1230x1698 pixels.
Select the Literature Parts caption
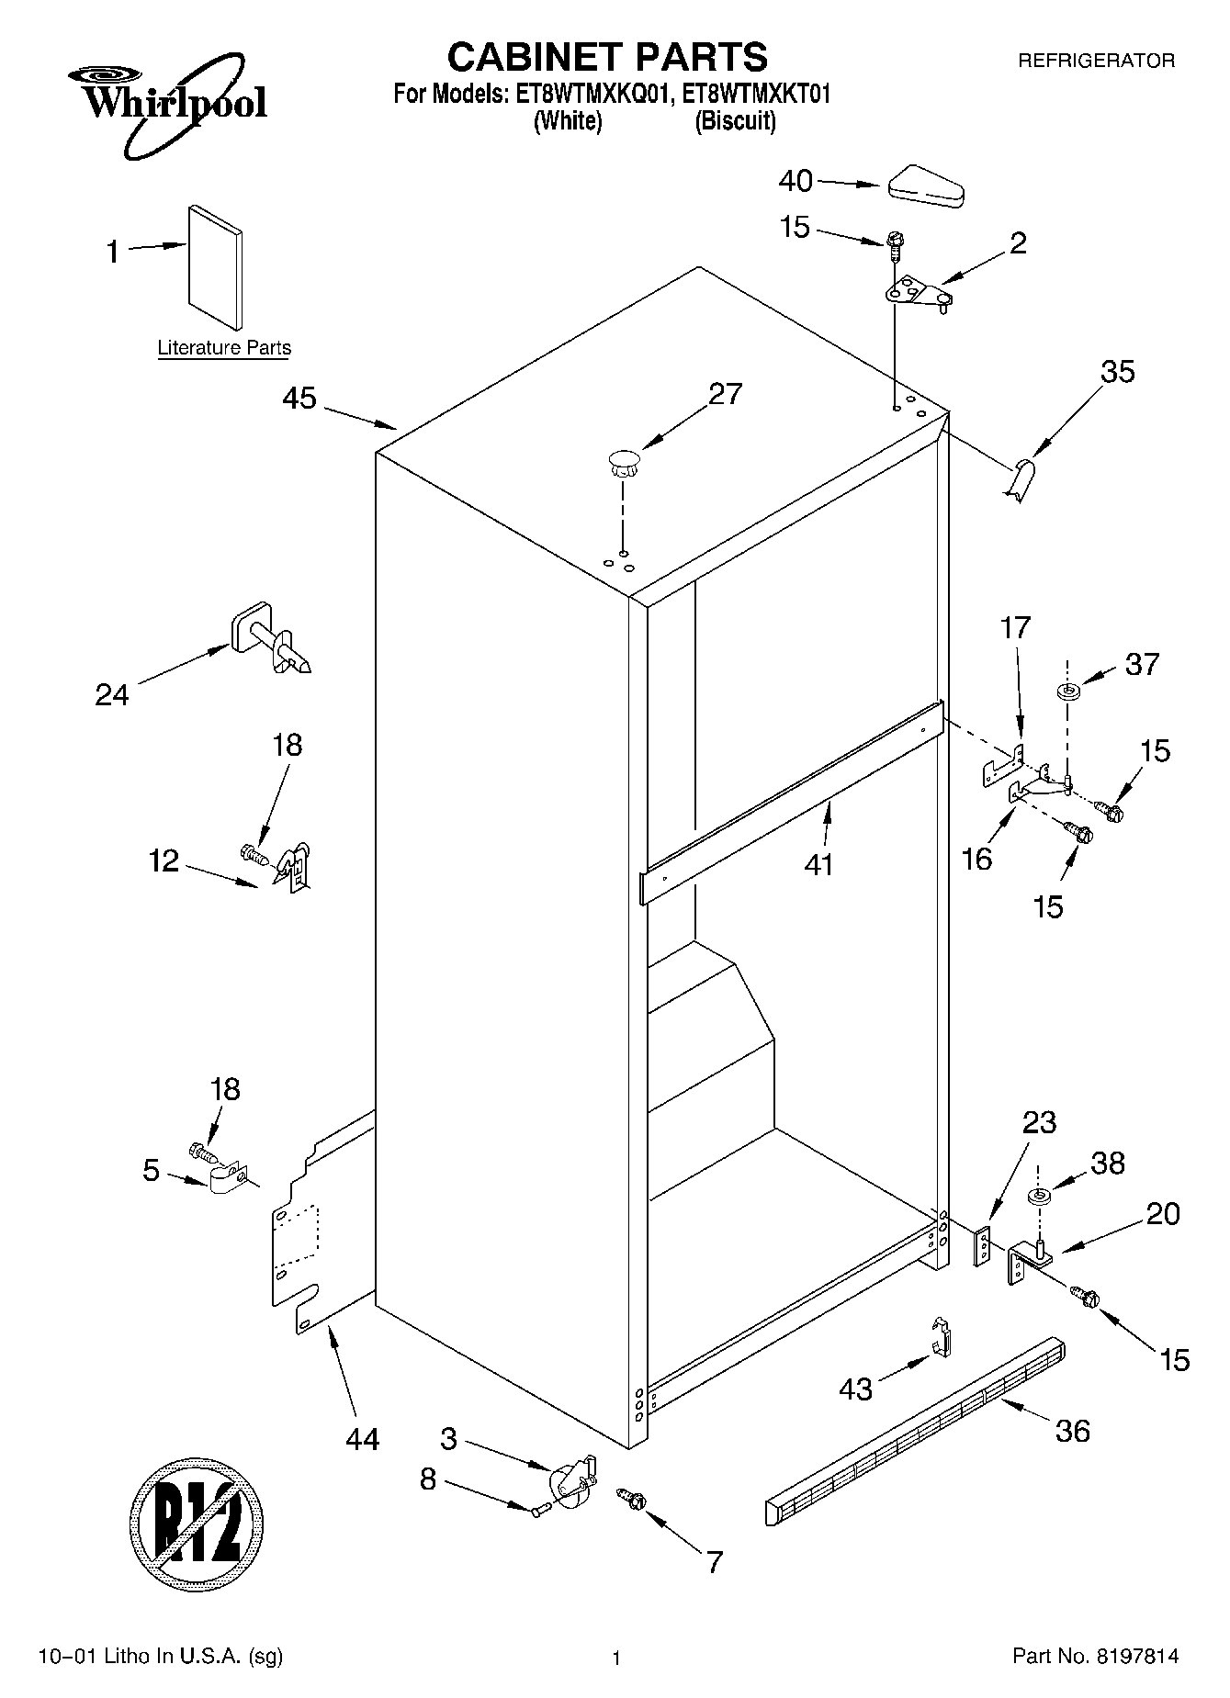[224, 348]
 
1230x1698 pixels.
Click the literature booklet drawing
[216, 266]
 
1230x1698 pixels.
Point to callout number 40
[796, 181]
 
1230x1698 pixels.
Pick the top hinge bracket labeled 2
[916, 296]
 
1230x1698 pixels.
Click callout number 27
[725, 393]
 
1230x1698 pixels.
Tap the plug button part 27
[623, 462]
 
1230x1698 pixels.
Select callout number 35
[1118, 371]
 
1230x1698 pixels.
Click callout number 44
[362, 1439]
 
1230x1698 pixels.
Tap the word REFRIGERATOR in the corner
[1096, 62]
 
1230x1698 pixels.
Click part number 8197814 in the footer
[1136, 1657]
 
